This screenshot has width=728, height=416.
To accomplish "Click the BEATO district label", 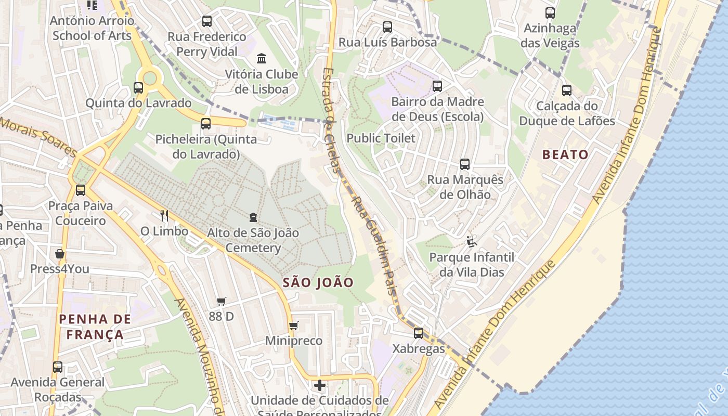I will click(x=565, y=154).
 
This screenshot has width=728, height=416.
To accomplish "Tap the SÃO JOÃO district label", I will click(x=318, y=282).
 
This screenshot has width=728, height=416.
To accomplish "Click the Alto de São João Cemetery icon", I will click(x=253, y=217).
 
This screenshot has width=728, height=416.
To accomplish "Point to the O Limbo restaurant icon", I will click(x=164, y=215).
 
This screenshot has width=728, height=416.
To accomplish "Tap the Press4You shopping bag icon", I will click(x=60, y=254).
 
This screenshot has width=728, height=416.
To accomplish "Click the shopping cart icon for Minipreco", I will click(x=294, y=326).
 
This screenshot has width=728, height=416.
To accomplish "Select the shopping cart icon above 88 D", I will click(x=222, y=301).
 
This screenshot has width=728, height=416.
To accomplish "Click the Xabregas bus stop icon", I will click(x=419, y=333).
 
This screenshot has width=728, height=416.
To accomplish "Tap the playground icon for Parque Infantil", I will click(x=471, y=241).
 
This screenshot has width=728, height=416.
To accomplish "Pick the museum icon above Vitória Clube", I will click(x=262, y=58).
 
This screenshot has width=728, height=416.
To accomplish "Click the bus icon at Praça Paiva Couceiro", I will click(x=81, y=190).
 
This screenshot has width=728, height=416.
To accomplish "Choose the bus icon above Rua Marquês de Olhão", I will click(x=465, y=164).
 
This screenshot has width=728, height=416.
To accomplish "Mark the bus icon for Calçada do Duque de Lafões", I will click(x=567, y=90).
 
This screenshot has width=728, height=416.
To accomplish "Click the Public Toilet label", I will click(x=381, y=138).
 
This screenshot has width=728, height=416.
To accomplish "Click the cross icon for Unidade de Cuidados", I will click(x=320, y=385).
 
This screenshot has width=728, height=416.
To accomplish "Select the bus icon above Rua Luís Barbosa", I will click(x=387, y=27).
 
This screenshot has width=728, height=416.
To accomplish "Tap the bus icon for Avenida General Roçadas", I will click(x=58, y=367).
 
